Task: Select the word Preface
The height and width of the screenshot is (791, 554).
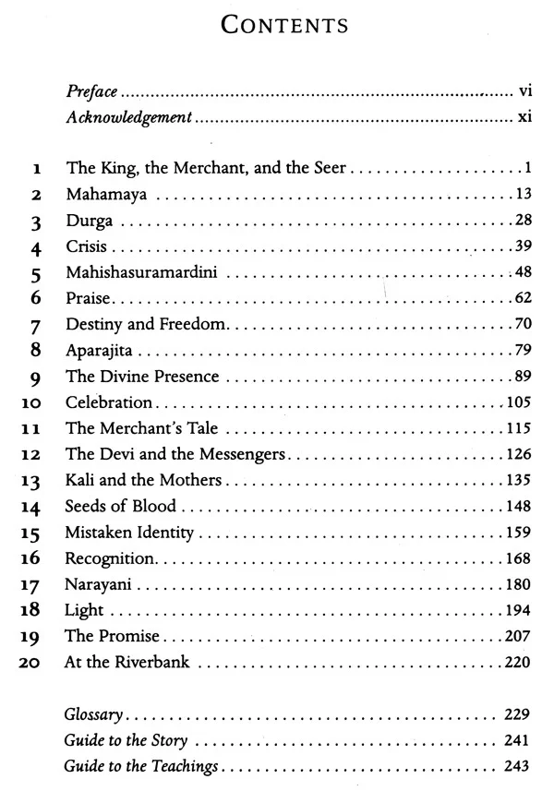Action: pyautogui.click(x=92, y=92)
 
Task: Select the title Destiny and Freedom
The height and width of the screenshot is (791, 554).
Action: pyautogui.click(x=146, y=326)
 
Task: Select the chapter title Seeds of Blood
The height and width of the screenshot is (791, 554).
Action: pyautogui.click(x=120, y=507)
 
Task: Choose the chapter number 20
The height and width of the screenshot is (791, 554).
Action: pyautogui.click(x=32, y=663)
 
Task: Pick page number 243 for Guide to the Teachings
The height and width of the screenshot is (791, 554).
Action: pyautogui.click(x=514, y=767)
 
